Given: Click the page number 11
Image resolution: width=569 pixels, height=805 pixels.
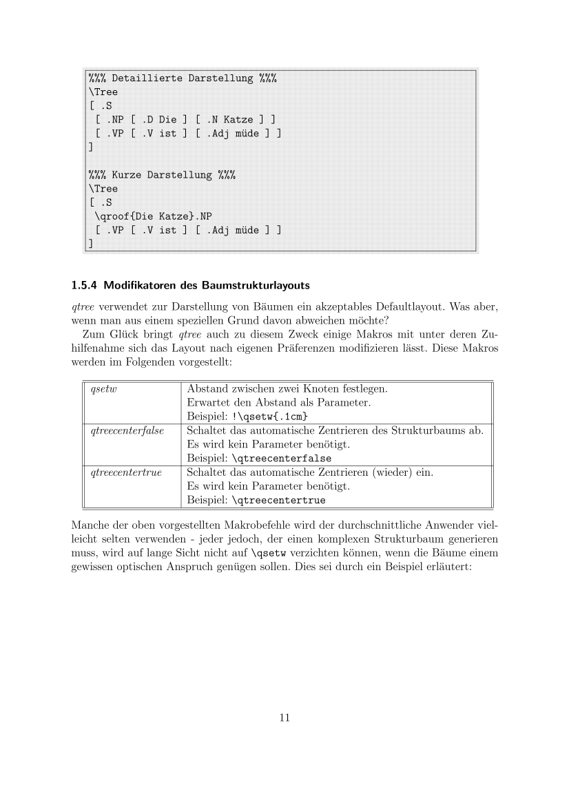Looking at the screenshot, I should pos(284,718).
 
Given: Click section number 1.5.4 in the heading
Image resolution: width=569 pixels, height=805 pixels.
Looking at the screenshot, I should pos(87,285).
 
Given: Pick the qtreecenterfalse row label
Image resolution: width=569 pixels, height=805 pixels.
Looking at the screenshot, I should pos(127,430).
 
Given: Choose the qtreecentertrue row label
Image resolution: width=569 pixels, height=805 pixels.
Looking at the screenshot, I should pos(125,472).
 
